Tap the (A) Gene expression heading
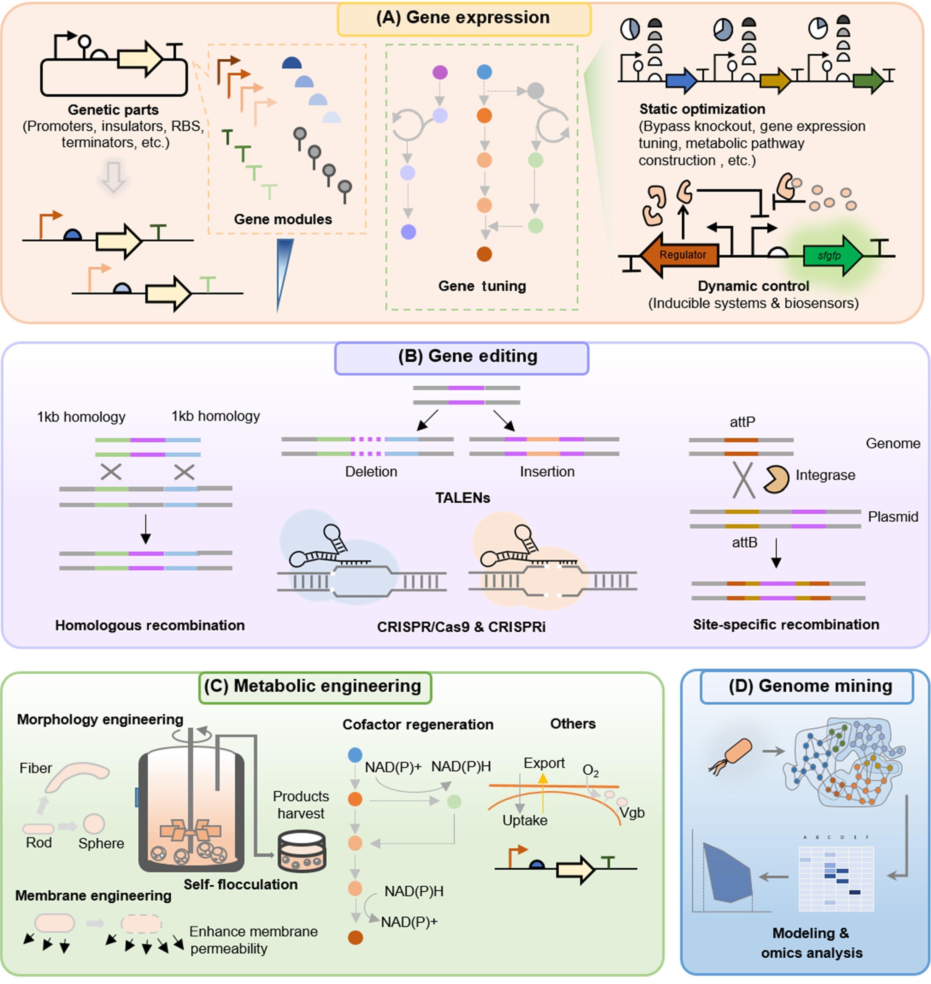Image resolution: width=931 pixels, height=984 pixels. [463, 18]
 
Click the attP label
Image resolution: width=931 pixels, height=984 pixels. [743, 422]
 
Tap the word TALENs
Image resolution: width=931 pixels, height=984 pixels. [463, 498]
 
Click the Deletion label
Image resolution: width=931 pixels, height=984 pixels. [371, 471]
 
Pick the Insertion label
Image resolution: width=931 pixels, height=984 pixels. [547, 471]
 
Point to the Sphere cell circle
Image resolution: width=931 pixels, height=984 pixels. [94, 824]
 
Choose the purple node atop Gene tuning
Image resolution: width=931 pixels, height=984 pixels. [440, 73]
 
